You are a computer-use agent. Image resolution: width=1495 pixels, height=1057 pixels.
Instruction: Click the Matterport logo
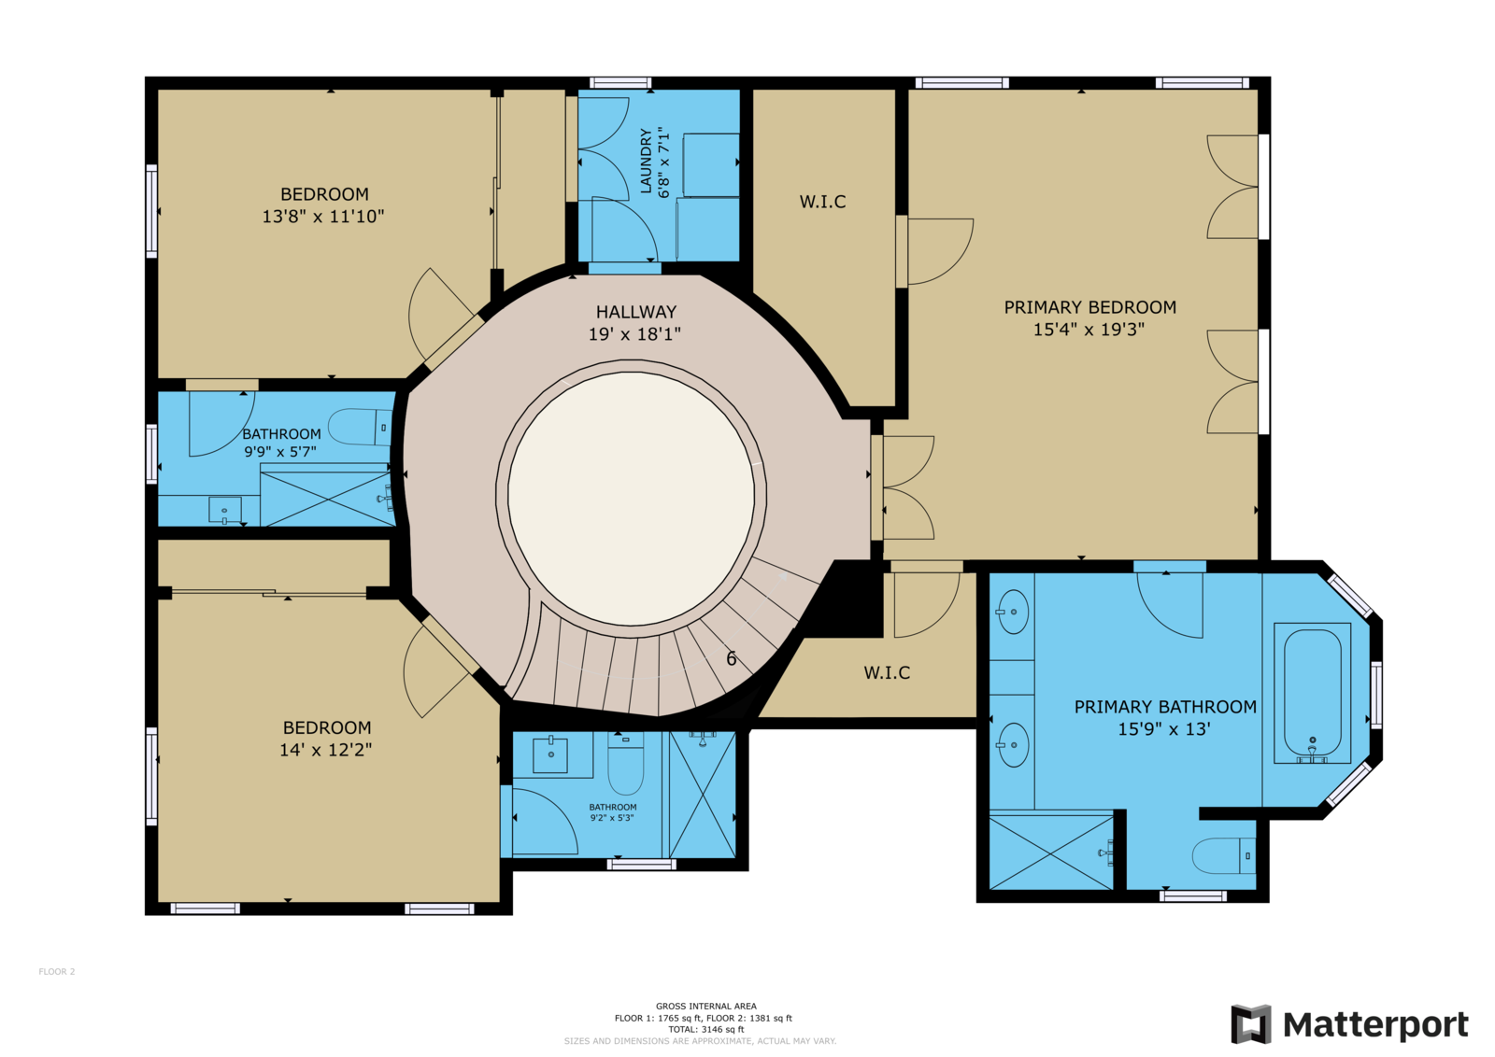click(1349, 1023)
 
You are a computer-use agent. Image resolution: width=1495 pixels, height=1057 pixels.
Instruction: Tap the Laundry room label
click(646, 162)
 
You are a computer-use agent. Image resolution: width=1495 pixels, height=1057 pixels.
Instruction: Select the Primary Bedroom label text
click(1089, 307)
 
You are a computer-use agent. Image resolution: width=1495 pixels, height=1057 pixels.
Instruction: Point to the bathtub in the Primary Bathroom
click(1312, 693)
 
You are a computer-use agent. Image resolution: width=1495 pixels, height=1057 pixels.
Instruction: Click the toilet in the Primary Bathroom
click(1224, 855)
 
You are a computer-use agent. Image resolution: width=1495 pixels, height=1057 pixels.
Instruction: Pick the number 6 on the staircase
click(732, 659)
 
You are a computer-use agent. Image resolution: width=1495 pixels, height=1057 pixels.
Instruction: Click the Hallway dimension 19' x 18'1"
click(634, 334)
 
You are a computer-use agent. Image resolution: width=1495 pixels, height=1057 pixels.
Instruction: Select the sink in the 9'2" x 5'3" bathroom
click(551, 754)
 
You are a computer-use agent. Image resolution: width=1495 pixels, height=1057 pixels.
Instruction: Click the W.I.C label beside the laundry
click(823, 202)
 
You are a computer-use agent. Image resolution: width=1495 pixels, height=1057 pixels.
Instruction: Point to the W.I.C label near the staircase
click(887, 672)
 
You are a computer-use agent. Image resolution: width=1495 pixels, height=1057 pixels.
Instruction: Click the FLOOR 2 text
click(57, 972)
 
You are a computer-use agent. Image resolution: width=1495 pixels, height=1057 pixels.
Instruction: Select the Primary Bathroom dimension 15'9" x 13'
click(1164, 729)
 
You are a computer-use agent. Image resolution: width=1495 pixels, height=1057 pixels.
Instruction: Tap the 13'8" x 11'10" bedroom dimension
click(323, 216)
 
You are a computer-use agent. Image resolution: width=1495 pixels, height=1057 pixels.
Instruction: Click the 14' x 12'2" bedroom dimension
click(326, 750)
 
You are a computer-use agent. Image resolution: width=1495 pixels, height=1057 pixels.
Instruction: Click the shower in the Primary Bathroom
click(1051, 853)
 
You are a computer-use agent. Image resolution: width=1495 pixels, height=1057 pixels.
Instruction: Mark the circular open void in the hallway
click(632, 499)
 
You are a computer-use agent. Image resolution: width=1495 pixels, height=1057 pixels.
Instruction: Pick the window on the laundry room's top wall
click(620, 83)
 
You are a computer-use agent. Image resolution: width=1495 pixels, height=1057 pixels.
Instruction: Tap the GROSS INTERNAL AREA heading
click(706, 1007)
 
